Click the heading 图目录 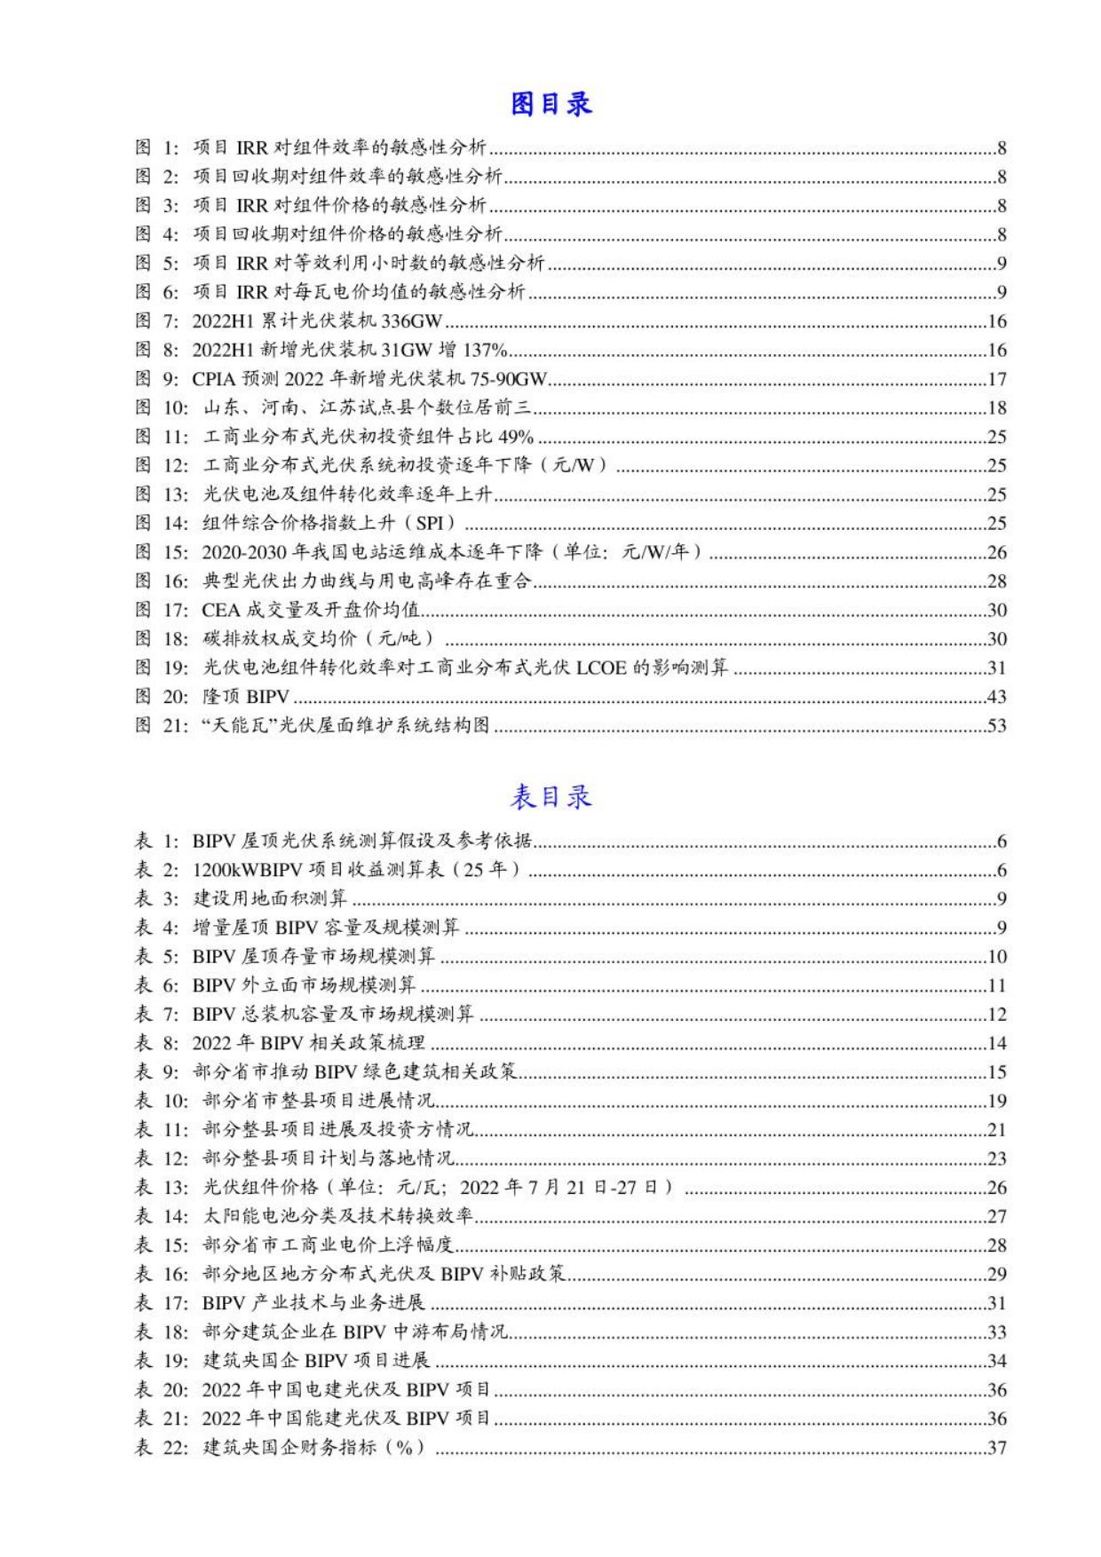(x=550, y=105)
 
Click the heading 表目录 (x=550, y=797)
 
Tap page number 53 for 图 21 (x=996, y=726)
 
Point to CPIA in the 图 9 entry (x=213, y=380)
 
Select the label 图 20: (x=161, y=697)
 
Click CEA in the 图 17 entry (x=220, y=610)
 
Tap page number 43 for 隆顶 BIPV (x=996, y=697)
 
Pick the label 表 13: (x=161, y=1188)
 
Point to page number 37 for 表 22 (x=996, y=1448)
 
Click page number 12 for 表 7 (x=996, y=1015)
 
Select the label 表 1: (x=156, y=842)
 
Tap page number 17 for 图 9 (x=996, y=380)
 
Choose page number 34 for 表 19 (x=996, y=1361)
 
